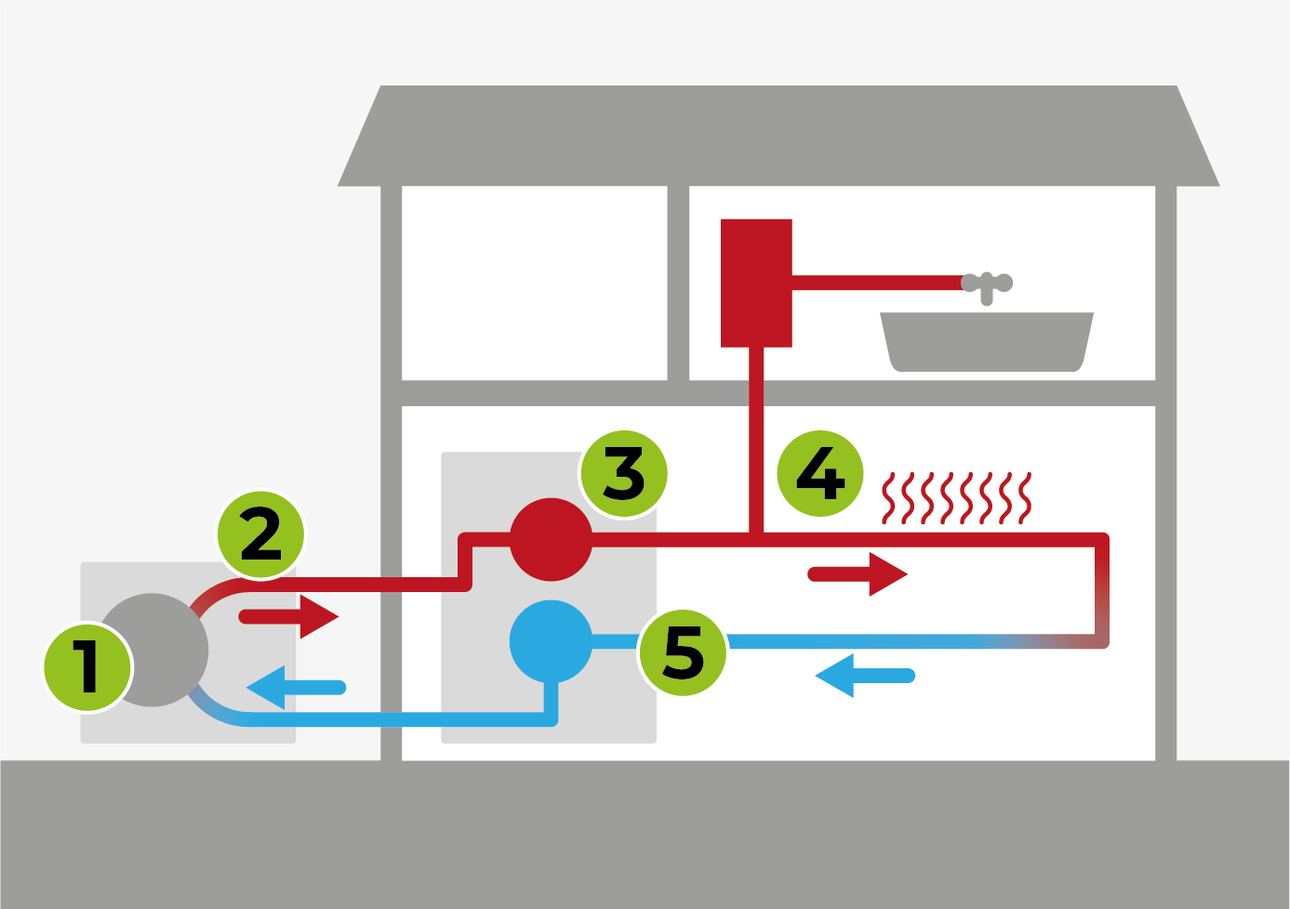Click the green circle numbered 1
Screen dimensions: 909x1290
tap(88, 666)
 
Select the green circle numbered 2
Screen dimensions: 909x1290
tap(260, 534)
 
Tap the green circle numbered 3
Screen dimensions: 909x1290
tap(624, 473)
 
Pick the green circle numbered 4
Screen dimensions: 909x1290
tap(819, 473)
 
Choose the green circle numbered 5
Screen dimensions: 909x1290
tap(683, 652)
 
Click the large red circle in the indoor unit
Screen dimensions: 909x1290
tap(551, 540)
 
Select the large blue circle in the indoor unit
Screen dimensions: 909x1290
tap(551, 641)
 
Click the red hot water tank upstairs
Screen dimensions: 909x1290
tap(756, 283)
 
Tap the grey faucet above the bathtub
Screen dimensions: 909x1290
tap(987, 284)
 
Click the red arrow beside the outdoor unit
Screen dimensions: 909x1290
tap(290, 616)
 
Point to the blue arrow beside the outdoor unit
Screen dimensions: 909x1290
tap(295, 688)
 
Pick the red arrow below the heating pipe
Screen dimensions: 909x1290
tap(858, 574)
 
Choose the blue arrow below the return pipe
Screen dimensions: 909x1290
tap(864, 676)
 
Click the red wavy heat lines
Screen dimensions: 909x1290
tap(957, 498)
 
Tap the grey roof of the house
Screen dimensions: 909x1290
tap(778, 135)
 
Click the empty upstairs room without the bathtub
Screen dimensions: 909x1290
tap(534, 283)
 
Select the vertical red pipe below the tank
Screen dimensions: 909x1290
tap(756, 437)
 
